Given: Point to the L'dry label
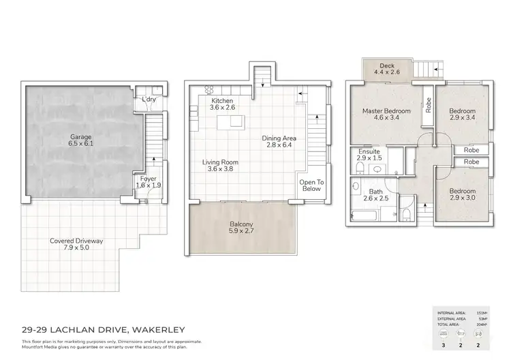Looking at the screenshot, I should click(149, 100).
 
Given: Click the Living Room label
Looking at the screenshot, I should click(221, 162).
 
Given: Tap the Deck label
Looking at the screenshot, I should click(387, 65).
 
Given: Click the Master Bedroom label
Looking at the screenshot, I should click(386, 110).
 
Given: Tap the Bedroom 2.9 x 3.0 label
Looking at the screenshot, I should click(463, 193).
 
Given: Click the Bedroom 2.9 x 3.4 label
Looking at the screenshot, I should click(463, 111).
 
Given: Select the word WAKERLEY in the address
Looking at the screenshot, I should click(161, 330).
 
